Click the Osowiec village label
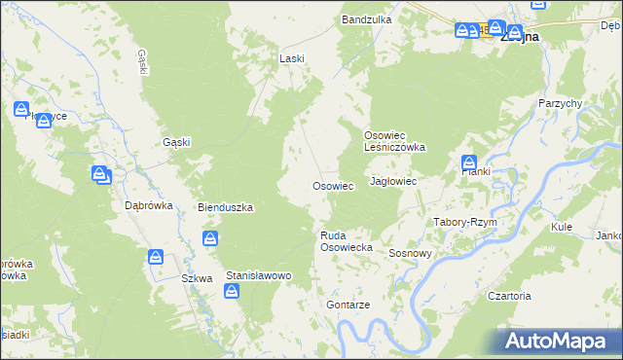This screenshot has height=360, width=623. pyautogui.click(x=331, y=186)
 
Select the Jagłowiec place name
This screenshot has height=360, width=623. pyautogui.click(x=394, y=182)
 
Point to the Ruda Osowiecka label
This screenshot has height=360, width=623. pyautogui.click(x=348, y=241)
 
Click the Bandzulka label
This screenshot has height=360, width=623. pyautogui.click(x=366, y=19)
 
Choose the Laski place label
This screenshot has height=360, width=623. pyautogui.click(x=292, y=58)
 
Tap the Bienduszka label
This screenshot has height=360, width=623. pyautogui.click(x=226, y=207)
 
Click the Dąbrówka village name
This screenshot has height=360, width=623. pyautogui.click(x=149, y=205)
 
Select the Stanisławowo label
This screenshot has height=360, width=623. pyautogui.click(x=259, y=276)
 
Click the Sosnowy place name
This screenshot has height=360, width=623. pyautogui.click(x=410, y=253)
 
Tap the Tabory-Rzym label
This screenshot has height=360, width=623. pyautogui.click(x=465, y=222)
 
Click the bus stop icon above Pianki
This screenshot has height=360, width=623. pyautogui.click(x=469, y=162)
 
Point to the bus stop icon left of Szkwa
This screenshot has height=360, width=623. pyautogui.click(x=156, y=257)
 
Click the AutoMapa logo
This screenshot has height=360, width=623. pyautogui.click(x=559, y=342)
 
